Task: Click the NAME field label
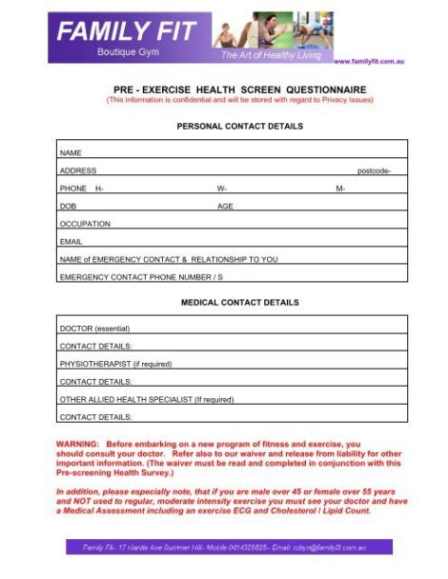click(x=71, y=152)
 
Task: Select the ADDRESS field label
click(x=77, y=170)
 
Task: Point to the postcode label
click(x=374, y=170)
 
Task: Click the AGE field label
click(x=225, y=206)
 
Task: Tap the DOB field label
click(x=68, y=206)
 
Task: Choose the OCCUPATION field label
click(x=85, y=224)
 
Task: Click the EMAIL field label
click(x=71, y=242)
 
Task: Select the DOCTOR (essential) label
click(x=94, y=328)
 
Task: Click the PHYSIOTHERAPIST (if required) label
click(x=115, y=364)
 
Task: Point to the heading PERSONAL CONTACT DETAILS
click(x=239, y=125)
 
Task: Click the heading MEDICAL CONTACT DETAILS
click(x=239, y=302)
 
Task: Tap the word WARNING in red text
click(x=77, y=444)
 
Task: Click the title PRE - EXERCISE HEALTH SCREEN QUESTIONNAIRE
click(x=239, y=87)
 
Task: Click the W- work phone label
click(x=220, y=189)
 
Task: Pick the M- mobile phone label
click(x=340, y=189)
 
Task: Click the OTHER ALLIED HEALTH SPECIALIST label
click(x=146, y=399)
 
